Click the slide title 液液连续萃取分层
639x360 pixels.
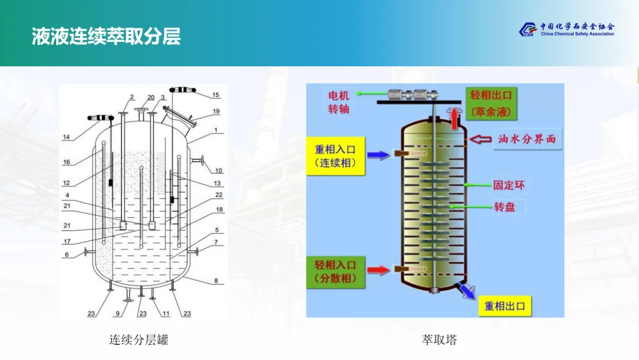pyautogui.click(x=106, y=37)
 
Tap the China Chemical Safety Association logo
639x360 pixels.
pyautogui.click(x=567, y=30)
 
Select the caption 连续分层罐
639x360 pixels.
pyautogui.click(x=138, y=340)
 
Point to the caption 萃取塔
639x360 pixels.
pyautogui.click(x=439, y=340)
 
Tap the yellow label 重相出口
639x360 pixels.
pyautogui.click(x=504, y=306)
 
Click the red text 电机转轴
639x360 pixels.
pyautogui.click(x=338, y=102)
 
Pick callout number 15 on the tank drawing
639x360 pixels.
pyautogui.click(x=215, y=95)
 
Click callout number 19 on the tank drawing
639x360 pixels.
pyautogui.click(x=216, y=111)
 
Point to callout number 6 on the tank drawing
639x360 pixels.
pyautogui.click(x=67, y=255)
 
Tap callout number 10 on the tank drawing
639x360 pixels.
pyautogui.click(x=218, y=171)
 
